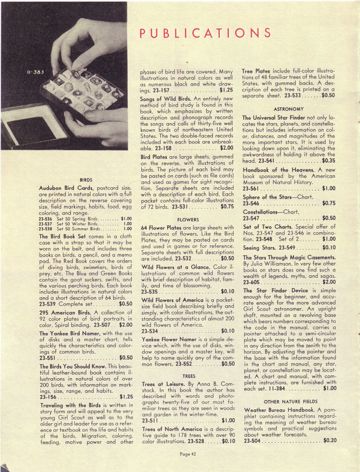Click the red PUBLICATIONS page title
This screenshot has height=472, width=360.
click(x=205, y=33)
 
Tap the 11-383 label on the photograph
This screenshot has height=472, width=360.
click(x=35, y=72)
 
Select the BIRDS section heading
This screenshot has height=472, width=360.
click(x=86, y=180)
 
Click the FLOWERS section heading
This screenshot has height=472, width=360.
click(x=188, y=219)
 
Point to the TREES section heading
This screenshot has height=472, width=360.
click(x=189, y=376)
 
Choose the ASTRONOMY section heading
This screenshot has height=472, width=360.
click(x=289, y=109)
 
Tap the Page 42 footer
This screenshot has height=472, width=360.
click(x=188, y=454)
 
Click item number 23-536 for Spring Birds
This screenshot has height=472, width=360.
click(x=45, y=219)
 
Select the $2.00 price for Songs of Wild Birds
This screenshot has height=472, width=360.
click(x=226, y=148)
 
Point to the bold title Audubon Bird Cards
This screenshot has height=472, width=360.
click(x=67, y=188)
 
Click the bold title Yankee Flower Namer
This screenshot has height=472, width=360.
click(x=169, y=339)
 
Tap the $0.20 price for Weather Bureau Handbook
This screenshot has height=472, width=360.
click(x=330, y=440)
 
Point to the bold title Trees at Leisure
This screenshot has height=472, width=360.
click(x=161, y=384)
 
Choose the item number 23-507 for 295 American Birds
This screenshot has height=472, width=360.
click(x=102, y=325)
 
